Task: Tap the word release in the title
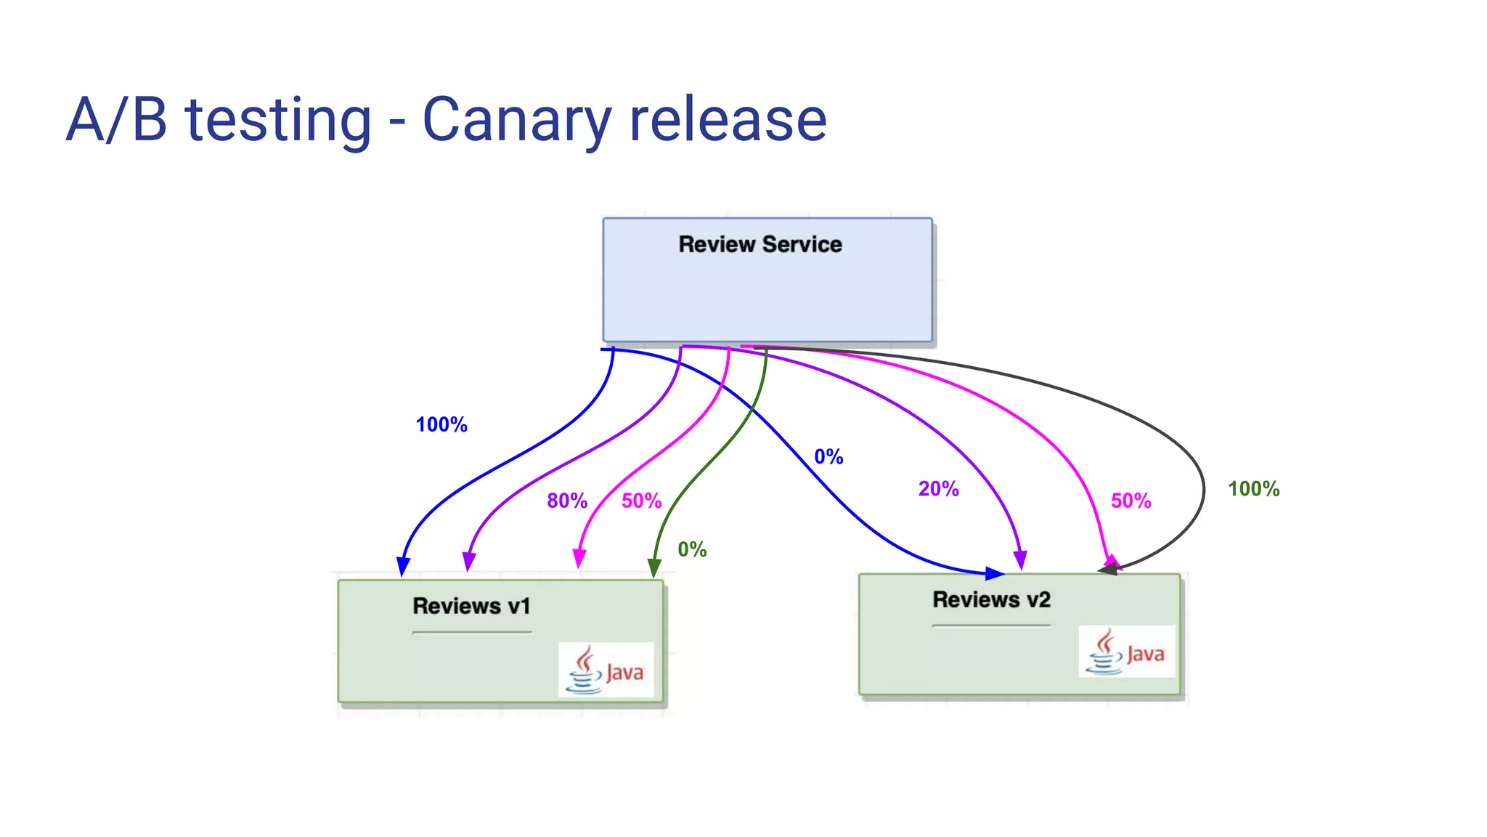(728, 120)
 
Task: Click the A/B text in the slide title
(117, 120)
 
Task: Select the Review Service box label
(760, 245)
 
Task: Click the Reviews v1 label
(471, 606)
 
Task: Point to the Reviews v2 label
(991, 600)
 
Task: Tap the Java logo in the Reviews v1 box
(606, 670)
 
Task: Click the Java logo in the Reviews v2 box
(1126, 652)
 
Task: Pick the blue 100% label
(441, 425)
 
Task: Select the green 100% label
(1253, 489)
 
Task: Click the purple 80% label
(567, 501)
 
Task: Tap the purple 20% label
(938, 489)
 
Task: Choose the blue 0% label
(828, 457)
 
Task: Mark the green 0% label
(692, 549)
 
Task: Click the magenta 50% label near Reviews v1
(641, 501)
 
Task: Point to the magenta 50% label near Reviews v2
(1130, 501)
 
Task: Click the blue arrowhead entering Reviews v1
(403, 567)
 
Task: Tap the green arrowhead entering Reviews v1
(654, 568)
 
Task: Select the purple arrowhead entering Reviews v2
(1020, 560)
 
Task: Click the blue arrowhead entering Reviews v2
(995, 574)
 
